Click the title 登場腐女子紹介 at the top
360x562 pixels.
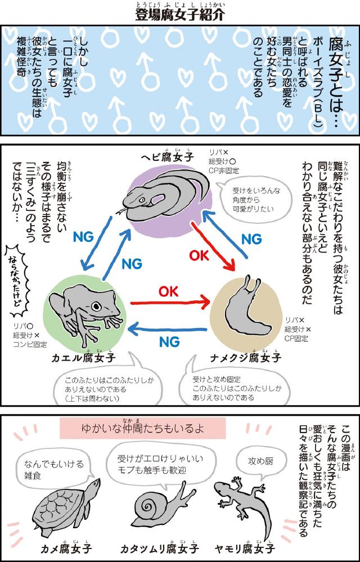point(179,14)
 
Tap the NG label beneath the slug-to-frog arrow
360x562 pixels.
point(169,341)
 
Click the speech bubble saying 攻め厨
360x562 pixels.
point(260,462)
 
